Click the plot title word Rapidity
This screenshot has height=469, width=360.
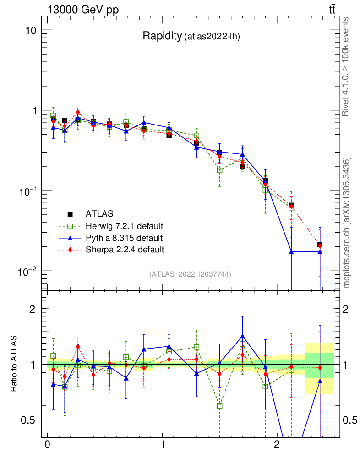tap(162, 36)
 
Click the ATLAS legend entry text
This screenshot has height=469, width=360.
tap(99, 214)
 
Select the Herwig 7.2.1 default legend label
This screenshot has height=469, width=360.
tap(124, 226)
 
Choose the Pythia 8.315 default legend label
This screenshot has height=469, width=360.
tap(124, 238)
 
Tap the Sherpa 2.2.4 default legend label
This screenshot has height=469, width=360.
tap(125, 250)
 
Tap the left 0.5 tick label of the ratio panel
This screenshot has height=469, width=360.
tap(28, 420)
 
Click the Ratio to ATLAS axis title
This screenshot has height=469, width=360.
tap(14, 364)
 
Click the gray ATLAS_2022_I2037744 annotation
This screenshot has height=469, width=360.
tap(190, 274)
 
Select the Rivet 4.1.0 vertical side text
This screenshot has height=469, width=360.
tap(346, 66)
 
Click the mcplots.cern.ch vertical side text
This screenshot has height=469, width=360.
tap(347, 223)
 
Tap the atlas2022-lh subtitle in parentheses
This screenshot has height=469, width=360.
tap(212, 37)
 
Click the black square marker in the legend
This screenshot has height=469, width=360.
tap(70, 214)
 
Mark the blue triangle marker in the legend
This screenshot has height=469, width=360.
tap(70, 238)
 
